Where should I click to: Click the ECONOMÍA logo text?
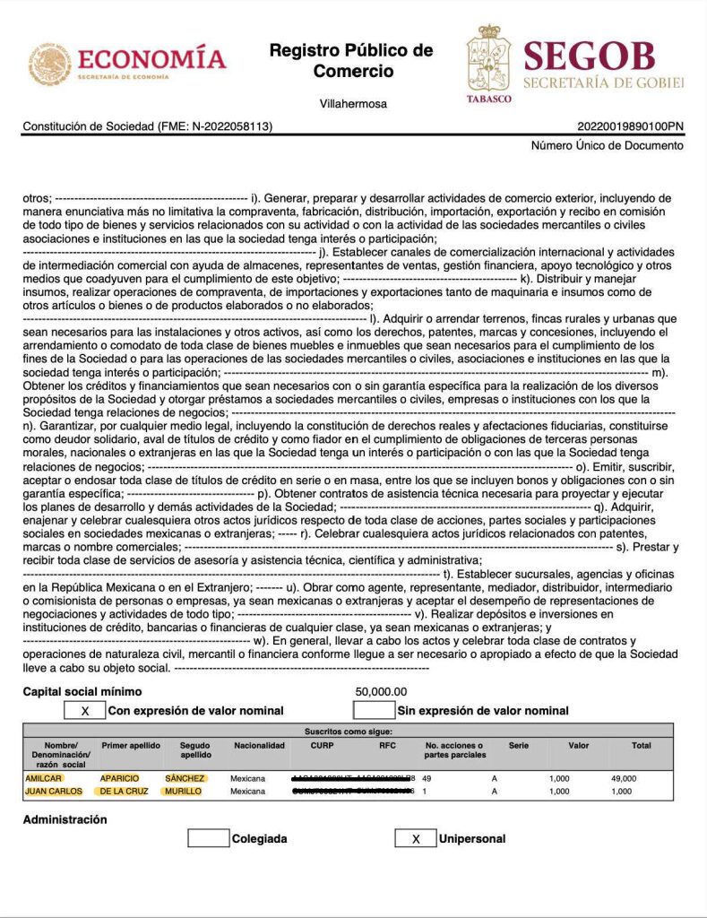pyautogui.click(x=152, y=60)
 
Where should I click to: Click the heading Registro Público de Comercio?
pyautogui.click(x=352, y=60)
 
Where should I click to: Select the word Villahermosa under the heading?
pyautogui.click(x=353, y=104)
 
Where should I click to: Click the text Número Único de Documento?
pyautogui.click(x=607, y=145)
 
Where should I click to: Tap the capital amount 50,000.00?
pyautogui.click(x=381, y=692)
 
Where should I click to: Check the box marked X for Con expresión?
pyautogui.click(x=85, y=710)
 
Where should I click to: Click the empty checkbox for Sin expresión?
pyautogui.click(x=374, y=710)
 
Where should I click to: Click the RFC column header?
pyautogui.click(x=387, y=746)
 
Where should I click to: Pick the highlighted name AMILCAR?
pyautogui.click(x=43, y=778)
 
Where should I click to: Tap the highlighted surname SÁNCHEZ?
pyautogui.click(x=185, y=778)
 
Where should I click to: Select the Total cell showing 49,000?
pyautogui.click(x=623, y=778)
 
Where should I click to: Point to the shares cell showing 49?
pyautogui.click(x=427, y=778)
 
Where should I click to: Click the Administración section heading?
pyautogui.click(x=65, y=819)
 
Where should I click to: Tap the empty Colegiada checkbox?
pyautogui.click(x=208, y=839)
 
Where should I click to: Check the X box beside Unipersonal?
pyautogui.click(x=415, y=839)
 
